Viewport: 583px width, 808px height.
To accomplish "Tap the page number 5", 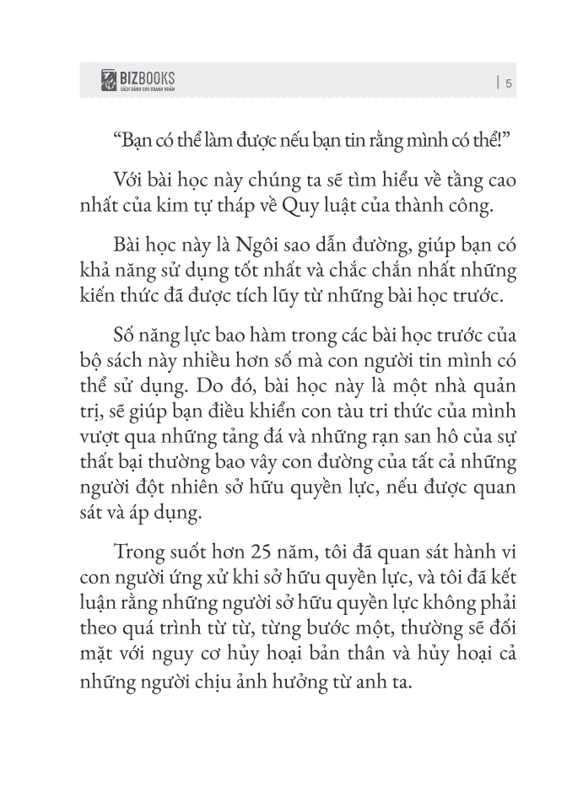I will coord(509,83).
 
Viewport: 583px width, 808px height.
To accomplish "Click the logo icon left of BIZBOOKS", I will coord(108,82).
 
